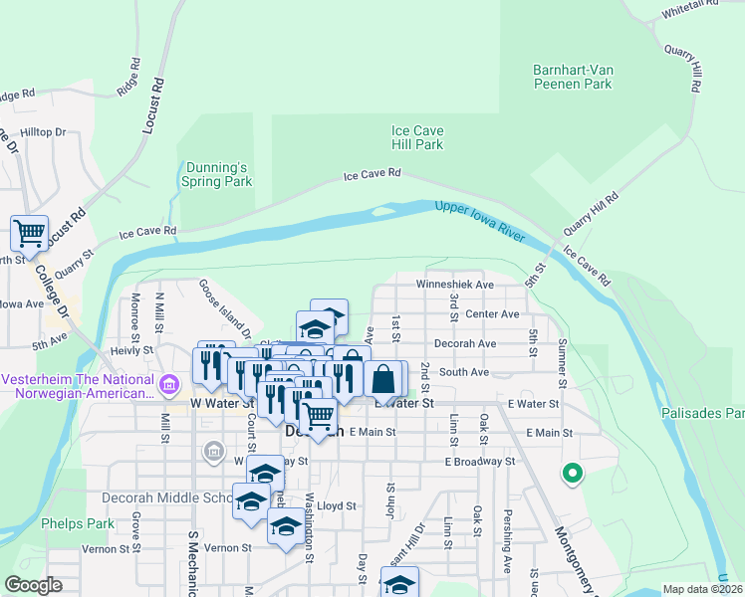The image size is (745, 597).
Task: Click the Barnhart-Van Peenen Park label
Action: point(571,78)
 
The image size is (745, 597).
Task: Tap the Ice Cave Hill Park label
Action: point(416,137)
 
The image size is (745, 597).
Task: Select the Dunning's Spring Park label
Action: point(216,174)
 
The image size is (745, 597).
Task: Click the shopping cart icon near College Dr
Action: point(30,233)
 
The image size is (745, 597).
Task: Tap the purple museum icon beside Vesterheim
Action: point(168,383)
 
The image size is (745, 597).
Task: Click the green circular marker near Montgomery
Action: point(572,474)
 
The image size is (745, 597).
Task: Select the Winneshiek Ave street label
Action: point(455,285)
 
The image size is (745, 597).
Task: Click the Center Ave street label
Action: point(493,314)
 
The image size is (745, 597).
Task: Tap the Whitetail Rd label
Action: point(689,9)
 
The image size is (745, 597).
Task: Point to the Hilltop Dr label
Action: point(43,131)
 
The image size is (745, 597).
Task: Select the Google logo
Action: point(33,585)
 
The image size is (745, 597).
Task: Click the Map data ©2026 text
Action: point(701,589)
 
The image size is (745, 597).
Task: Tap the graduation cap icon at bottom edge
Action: point(399,582)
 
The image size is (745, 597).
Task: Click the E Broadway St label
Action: point(481,462)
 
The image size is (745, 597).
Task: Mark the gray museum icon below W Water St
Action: point(213,453)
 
